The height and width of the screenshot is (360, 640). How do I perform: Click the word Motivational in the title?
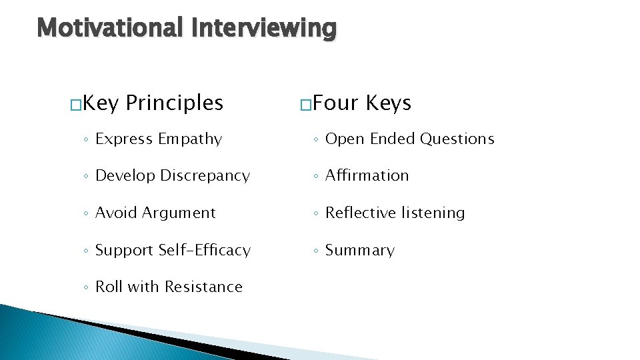[x=110, y=28]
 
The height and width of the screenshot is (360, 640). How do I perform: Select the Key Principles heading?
[x=154, y=103]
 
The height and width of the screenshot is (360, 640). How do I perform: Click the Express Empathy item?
[x=159, y=139]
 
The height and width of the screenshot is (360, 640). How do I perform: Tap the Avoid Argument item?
[x=155, y=213]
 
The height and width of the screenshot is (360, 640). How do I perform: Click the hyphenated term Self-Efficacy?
[x=205, y=250]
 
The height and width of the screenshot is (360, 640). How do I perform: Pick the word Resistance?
[x=203, y=287]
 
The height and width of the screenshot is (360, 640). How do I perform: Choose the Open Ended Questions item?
[x=409, y=139]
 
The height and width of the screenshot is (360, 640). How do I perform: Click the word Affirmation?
[x=367, y=176]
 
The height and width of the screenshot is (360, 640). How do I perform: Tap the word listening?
[x=434, y=213]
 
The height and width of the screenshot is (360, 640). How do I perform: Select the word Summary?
[x=360, y=250]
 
